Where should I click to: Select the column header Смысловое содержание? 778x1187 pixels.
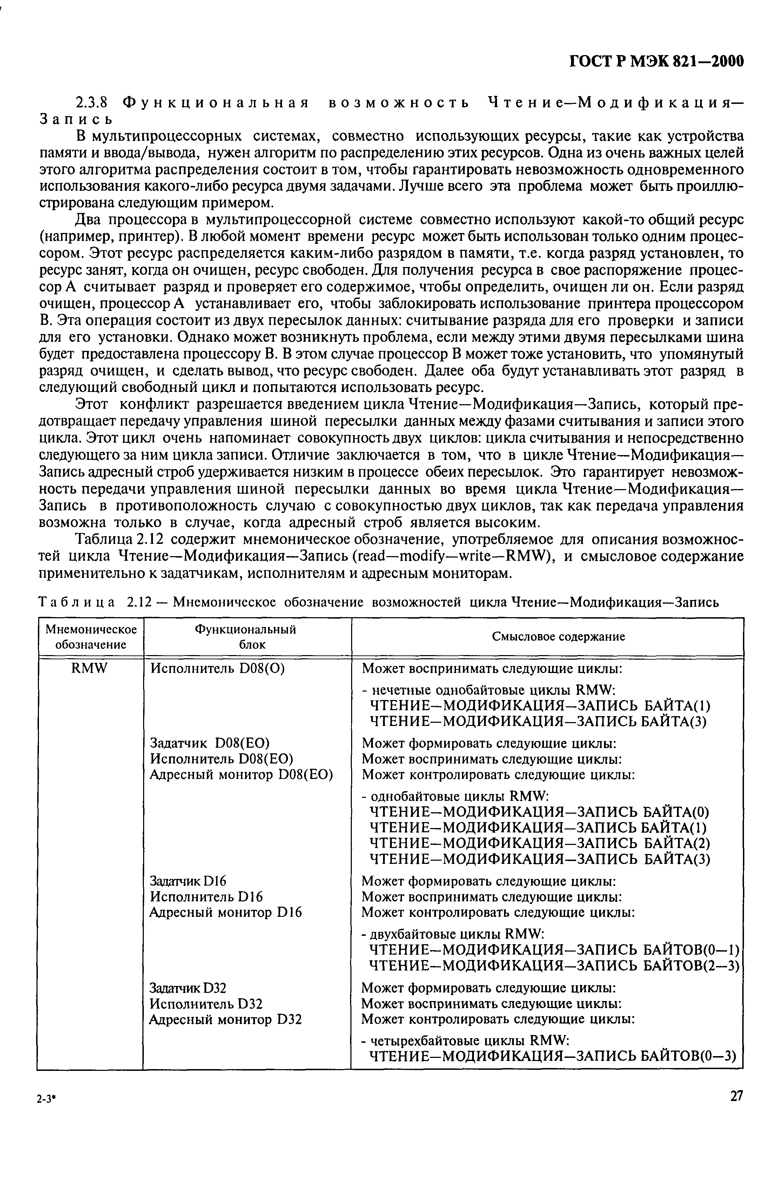click(x=547, y=636)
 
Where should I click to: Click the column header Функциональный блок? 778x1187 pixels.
click(x=246, y=636)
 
